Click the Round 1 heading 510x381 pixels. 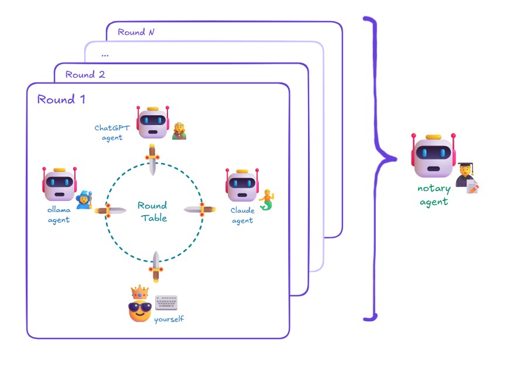point(61,99)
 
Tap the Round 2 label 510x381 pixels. point(85,74)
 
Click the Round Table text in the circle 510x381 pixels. point(153,212)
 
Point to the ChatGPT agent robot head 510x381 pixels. point(153,123)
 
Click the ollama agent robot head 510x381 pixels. point(60,185)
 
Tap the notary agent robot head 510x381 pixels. point(433,156)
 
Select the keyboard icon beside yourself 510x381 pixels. point(166,303)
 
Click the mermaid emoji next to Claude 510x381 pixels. point(267,199)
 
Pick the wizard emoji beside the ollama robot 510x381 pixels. point(85,200)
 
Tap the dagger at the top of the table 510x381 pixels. point(153,159)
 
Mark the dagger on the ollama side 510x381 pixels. point(111,210)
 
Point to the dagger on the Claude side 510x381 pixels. point(200,209)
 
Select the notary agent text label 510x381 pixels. point(433,195)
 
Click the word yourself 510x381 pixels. point(169,319)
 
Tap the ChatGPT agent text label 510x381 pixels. point(109,133)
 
